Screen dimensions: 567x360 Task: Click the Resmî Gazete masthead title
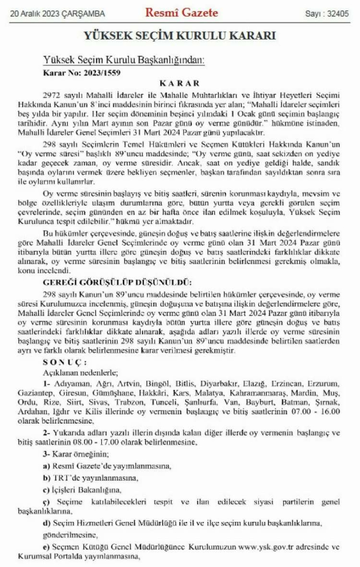181,13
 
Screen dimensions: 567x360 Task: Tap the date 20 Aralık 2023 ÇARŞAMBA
57,14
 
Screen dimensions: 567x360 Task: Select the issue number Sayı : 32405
326,14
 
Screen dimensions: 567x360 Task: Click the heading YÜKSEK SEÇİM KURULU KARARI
180,36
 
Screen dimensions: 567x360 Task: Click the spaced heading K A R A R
179,82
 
